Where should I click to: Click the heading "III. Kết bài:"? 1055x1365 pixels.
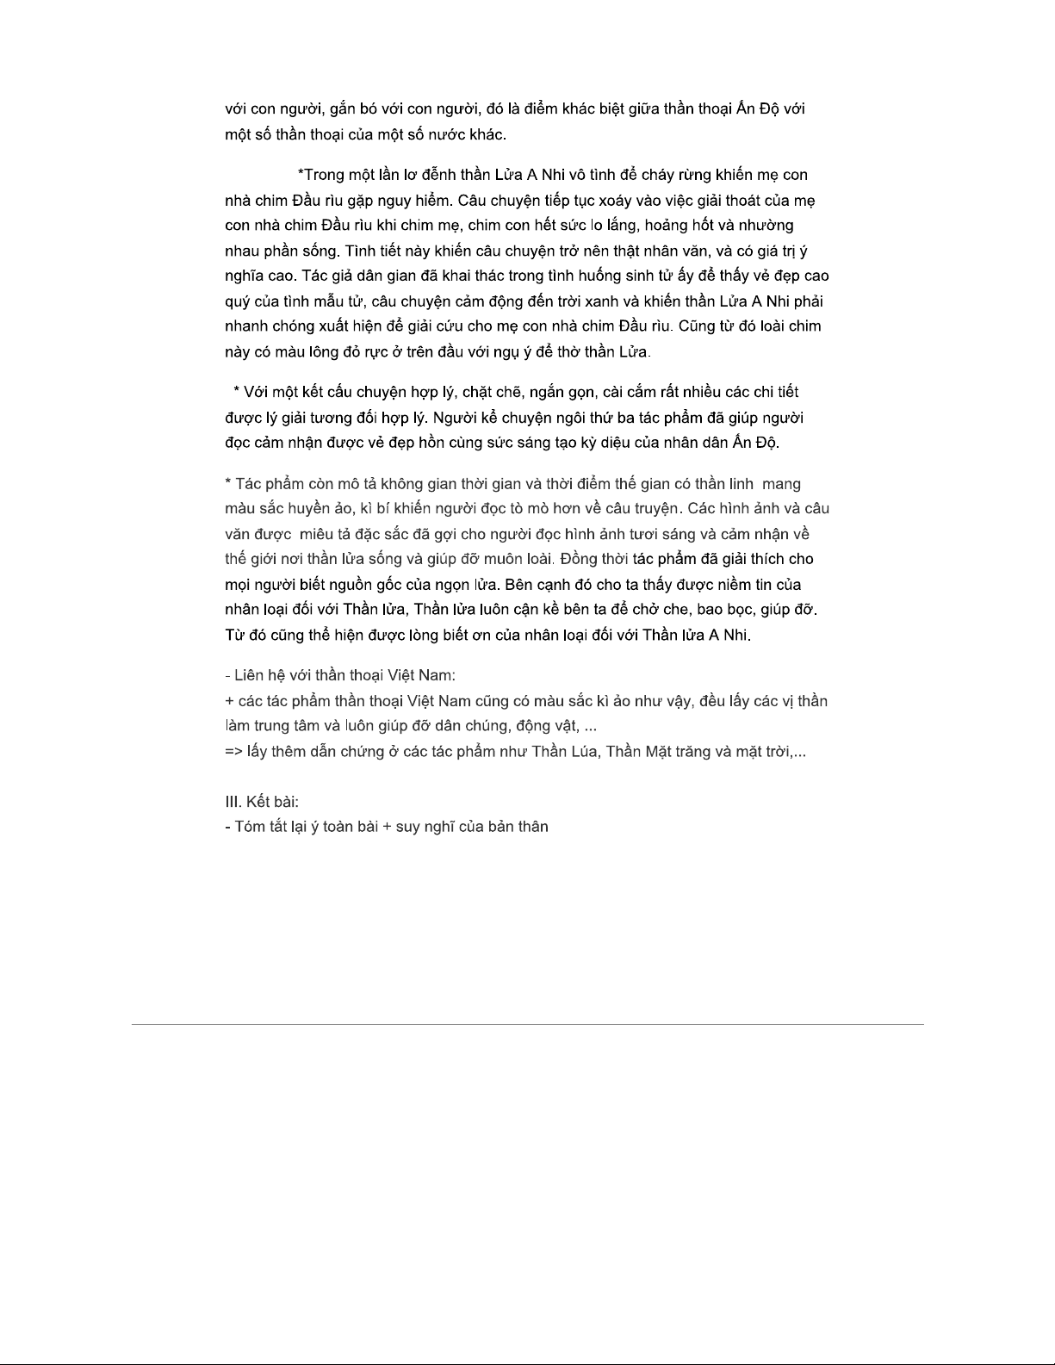tap(262, 802)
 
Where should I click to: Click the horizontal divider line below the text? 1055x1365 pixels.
tap(527, 1024)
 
